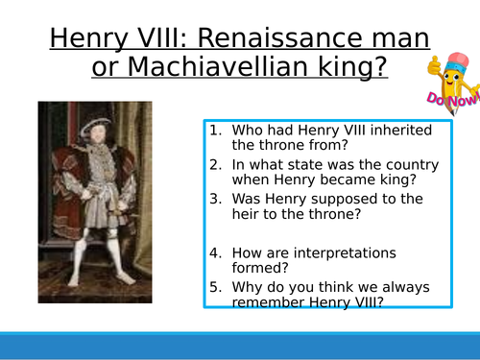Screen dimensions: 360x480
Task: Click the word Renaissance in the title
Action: [294, 40]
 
